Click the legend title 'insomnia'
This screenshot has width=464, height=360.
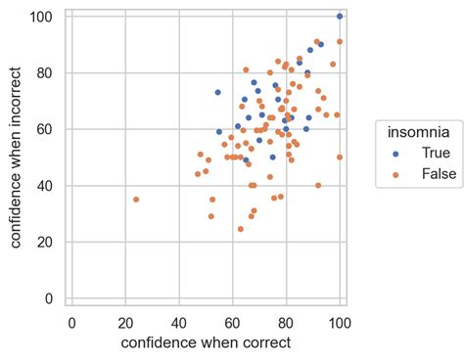(x=418, y=131)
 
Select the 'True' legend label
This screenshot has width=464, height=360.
(x=435, y=153)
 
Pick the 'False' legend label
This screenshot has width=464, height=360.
(x=438, y=173)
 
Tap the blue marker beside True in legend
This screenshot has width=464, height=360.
(x=396, y=154)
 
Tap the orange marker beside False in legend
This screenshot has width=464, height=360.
(x=396, y=174)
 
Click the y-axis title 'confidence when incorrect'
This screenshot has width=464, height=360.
(x=17, y=159)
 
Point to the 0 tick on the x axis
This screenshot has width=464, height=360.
(x=71, y=321)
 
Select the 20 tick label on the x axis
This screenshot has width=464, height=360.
(x=125, y=321)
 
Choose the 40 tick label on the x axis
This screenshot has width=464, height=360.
(x=179, y=321)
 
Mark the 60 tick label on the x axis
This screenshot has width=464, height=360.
(x=232, y=321)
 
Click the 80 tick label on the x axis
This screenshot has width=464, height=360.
(x=286, y=321)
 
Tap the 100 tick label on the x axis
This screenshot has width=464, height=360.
(x=340, y=321)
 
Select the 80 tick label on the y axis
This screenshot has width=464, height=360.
(x=44, y=73)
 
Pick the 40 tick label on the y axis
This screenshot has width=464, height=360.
(x=44, y=186)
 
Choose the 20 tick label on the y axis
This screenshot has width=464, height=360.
(x=44, y=243)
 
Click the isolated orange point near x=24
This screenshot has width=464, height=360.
(x=136, y=200)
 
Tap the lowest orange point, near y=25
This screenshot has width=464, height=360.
(x=241, y=229)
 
